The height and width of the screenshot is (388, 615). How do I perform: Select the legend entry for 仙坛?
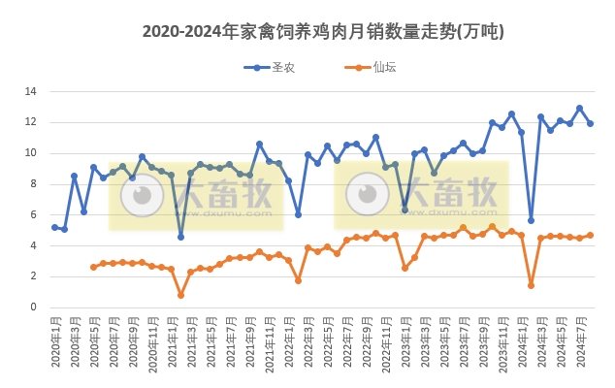point(372,67)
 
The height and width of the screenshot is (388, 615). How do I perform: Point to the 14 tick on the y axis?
point(31,92)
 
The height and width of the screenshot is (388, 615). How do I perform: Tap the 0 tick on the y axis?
point(34,307)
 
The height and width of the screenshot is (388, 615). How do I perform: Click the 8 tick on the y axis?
point(34,184)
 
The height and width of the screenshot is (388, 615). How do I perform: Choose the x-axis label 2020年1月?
point(55,344)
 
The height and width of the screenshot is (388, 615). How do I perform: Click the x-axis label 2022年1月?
point(288,344)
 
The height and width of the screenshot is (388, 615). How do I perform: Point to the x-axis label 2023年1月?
point(405,344)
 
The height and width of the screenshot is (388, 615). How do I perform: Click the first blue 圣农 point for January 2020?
point(54,227)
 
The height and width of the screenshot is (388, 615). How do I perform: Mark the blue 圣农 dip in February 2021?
point(180,237)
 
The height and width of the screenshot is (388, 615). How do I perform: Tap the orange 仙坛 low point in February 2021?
point(180,295)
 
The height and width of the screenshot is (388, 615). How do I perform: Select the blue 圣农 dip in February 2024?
point(531,220)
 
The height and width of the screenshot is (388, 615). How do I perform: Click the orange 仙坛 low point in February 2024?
point(531,285)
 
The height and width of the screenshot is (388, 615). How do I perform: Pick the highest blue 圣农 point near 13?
point(579,109)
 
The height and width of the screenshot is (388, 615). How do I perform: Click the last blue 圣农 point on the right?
point(590,123)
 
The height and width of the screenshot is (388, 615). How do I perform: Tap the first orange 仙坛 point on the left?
point(93,267)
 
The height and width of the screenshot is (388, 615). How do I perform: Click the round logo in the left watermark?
point(142,195)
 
